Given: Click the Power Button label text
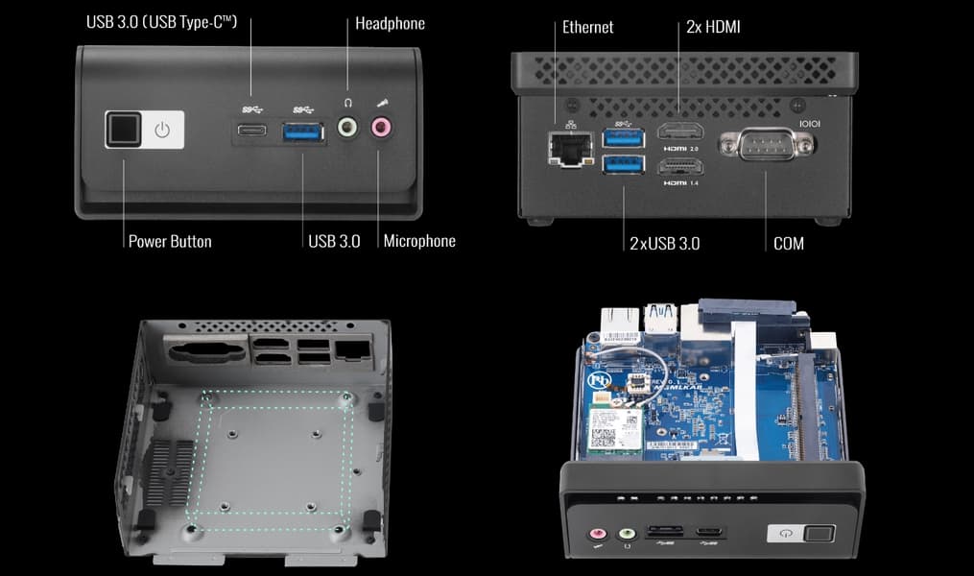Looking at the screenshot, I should (170, 241).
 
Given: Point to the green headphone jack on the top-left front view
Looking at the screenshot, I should (347, 126).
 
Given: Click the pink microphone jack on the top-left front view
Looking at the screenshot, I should (382, 126).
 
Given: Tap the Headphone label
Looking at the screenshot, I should (390, 23).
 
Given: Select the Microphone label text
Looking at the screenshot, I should (419, 241).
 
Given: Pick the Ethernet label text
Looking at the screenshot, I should (589, 27).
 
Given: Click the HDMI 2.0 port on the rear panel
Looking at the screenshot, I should (680, 134).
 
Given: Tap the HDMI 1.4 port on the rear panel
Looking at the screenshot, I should (680, 166).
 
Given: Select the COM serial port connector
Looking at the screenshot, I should (766, 146).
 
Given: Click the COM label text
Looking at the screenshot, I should (788, 244).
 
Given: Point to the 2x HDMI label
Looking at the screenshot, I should (713, 27).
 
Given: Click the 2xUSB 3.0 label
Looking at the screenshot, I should (664, 244).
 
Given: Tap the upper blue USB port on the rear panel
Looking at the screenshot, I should (624, 138).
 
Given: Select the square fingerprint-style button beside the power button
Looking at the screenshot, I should (124, 130).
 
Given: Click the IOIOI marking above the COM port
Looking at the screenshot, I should (811, 124).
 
